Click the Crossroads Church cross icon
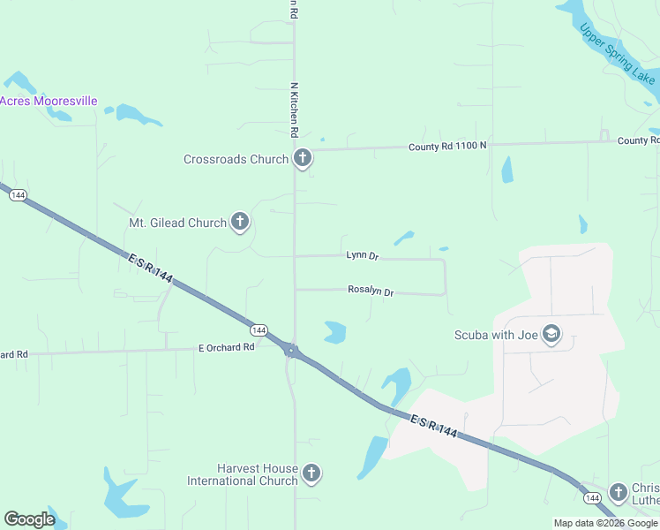(x=303, y=159)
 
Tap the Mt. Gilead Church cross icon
(x=240, y=222)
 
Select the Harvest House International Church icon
(x=311, y=473)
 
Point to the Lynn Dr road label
(x=362, y=255)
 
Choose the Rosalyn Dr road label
(x=371, y=290)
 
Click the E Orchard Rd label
(x=226, y=347)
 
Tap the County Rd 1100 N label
(x=446, y=146)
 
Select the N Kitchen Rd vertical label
(x=294, y=110)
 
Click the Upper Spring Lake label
(x=618, y=53)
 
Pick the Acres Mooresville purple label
(x=48, y=102)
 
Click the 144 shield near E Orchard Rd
(x=258, y=329)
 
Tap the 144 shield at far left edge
(x=18, y=194)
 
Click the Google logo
(x=29, y=519)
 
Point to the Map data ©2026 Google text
(x=604, y=523)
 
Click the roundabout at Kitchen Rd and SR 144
(x=290, y=351)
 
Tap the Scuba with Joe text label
(x=495, y=335)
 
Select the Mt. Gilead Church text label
(x=177, y=223)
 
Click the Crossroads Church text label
(x=236, y=160)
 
